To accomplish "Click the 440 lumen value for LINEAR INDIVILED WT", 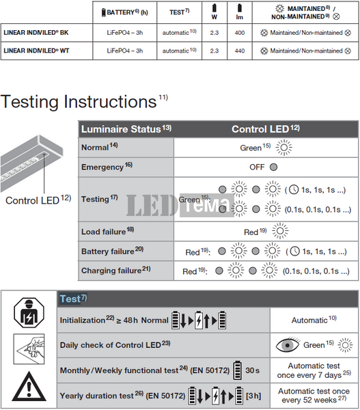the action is [240, 51].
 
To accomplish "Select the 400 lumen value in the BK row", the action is [240, 33].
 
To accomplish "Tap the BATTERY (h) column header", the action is [125, 12].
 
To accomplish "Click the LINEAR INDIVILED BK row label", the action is [36, 33].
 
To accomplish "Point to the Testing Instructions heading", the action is [84, 101].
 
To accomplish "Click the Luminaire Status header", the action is [126, 129].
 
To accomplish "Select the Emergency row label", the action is [107, 167].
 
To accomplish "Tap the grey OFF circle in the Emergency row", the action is [273, 167].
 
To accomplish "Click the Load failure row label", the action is [107, 232].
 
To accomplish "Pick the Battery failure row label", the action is [113, 251].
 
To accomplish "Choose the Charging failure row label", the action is [116, 270].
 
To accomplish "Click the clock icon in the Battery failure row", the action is [295, 251].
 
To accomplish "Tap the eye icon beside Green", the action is [288, 345].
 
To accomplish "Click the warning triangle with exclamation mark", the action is [29, 387].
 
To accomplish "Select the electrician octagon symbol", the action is [29, 313].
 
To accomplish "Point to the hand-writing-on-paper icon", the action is [29, 348].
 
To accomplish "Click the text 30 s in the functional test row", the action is [252, 370].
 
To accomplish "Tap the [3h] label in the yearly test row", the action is [253, 396].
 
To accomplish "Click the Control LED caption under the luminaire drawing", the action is [38, 200].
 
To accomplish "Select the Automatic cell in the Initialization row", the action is [314, 320].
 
